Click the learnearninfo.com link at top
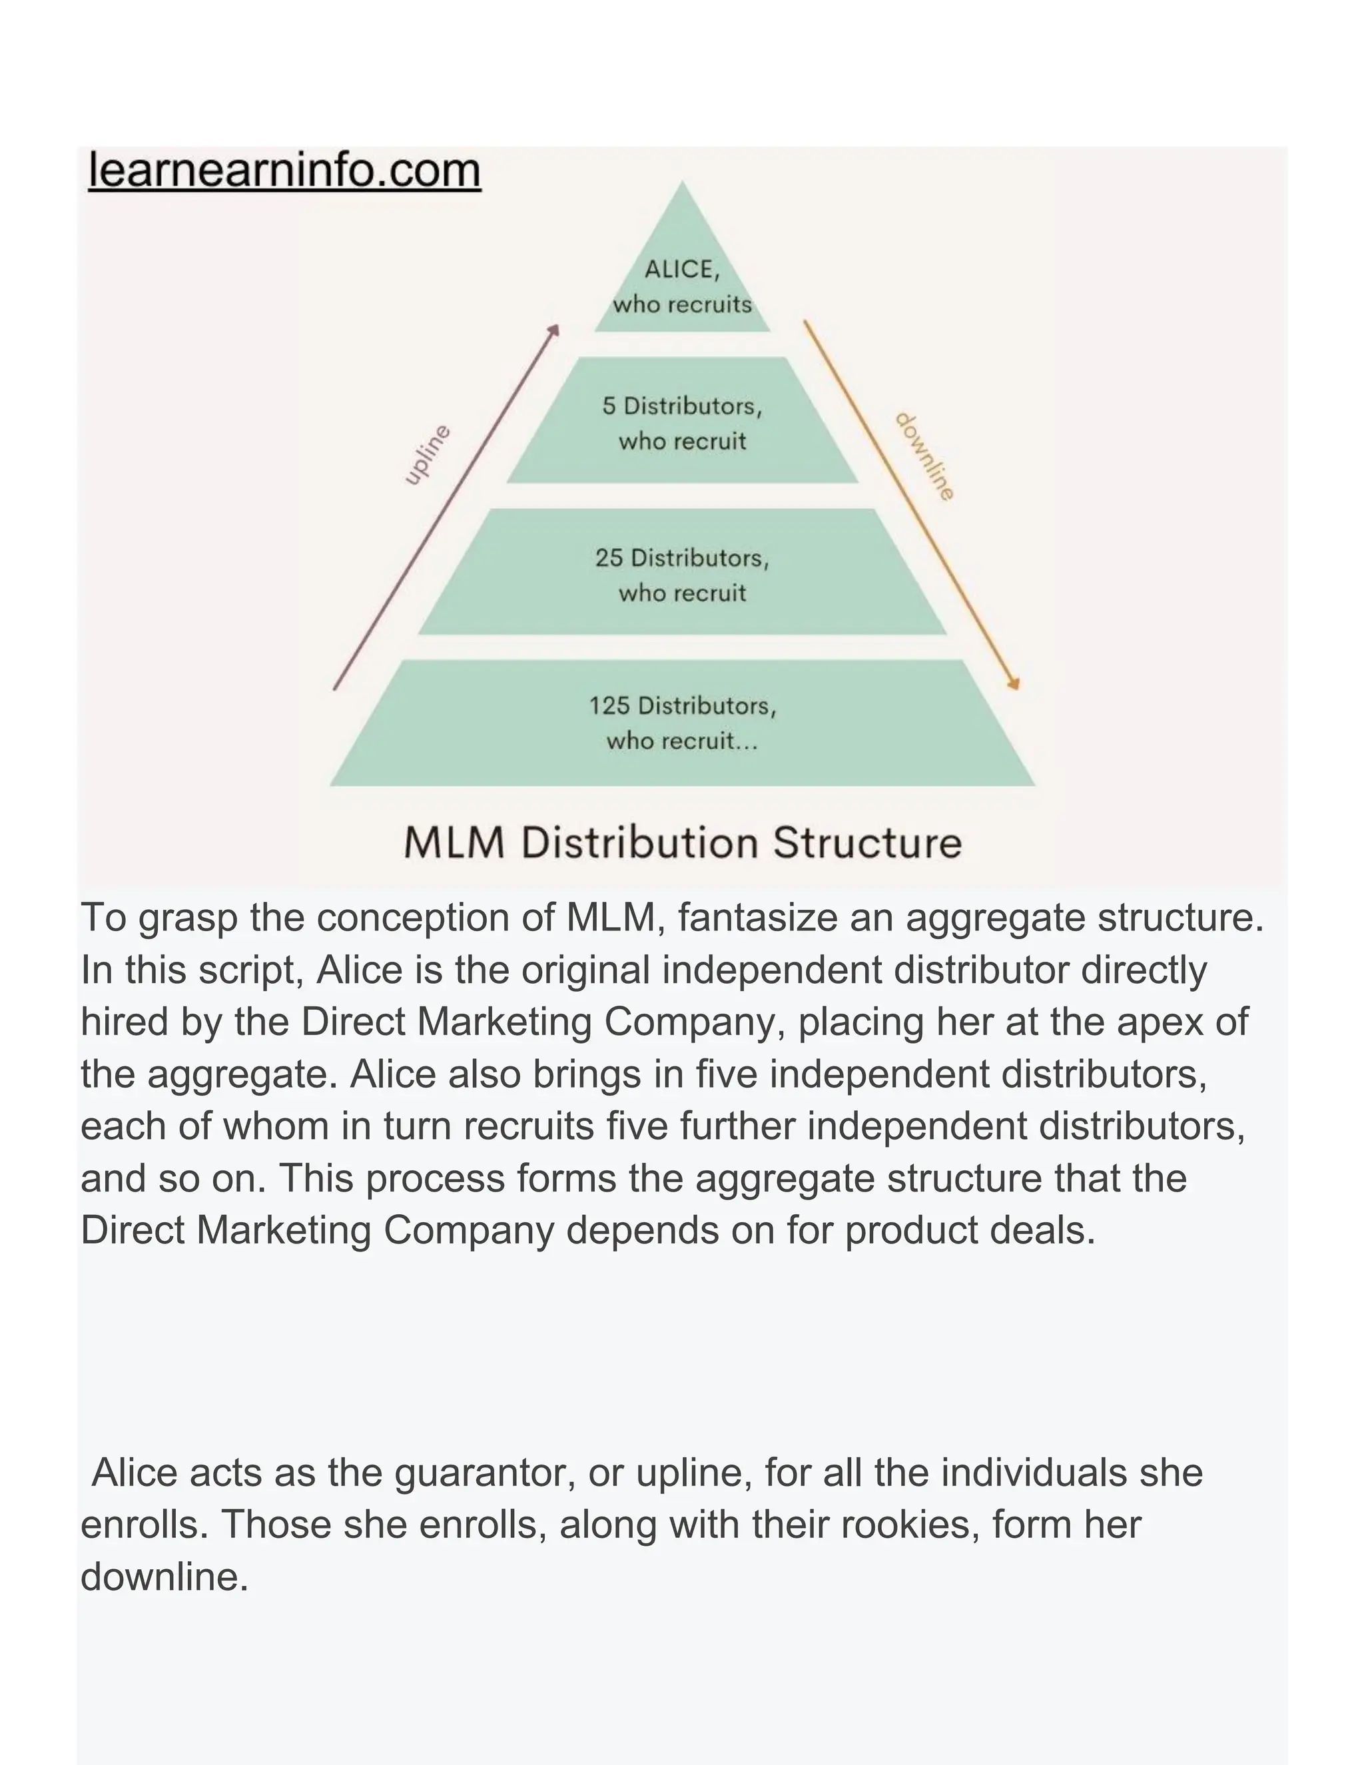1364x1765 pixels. [x=284, y=171]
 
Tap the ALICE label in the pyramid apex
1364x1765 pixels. [x=681, y=269]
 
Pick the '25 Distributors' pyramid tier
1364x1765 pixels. [x=682, y=573]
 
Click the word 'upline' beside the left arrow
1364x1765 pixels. [x=427, y=455]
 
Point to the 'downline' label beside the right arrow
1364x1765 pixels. [x=925, y=457]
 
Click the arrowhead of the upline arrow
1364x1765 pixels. [x=554, y=329]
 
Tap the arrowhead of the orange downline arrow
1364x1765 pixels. [x=1015, y=685]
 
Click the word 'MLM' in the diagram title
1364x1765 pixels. [x=454, y=843]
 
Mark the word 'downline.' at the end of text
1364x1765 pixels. [x=165, y=1577]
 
